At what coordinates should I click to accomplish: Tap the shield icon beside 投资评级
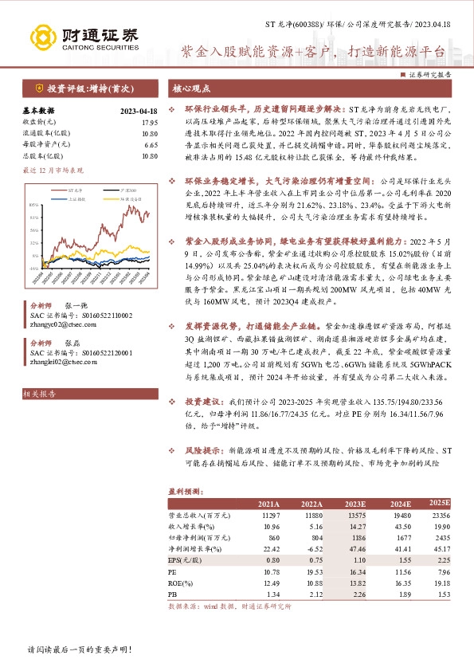click(x=38, y=89)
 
